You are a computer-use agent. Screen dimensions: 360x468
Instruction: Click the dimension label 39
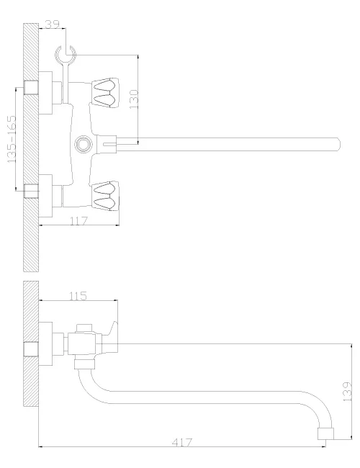pyautogui.click(x=52, y=24)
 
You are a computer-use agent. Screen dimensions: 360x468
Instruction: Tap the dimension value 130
pyautogui.click(x=134, y=99)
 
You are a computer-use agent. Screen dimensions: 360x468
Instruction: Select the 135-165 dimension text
pyautogui.click(x=12, y=139)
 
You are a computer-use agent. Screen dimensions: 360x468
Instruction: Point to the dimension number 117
pyautogui.click(x=78, y=221)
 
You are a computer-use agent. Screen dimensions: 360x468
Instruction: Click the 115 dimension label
pyautogui.click(x=78, y=296)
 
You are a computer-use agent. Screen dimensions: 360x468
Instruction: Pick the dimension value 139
pyautogui.click(x=347, y=391)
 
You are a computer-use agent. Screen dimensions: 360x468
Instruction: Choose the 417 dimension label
pyautogui.click(x=182, y=442)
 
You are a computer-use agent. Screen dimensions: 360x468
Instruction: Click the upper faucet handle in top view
pyautogui.click(x=105, y=93)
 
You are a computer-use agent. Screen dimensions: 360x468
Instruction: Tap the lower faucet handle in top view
pyautogui.click(x=105, y=196)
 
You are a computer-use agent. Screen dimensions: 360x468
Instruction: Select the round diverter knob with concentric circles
pyautogui.click(x=84, y=144)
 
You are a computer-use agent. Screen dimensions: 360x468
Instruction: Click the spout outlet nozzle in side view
pyautogui.click(x=325, y=433)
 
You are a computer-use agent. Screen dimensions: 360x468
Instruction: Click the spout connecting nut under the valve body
pyautogui.click(x=84, y=364)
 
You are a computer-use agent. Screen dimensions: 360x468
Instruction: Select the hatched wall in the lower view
pyautogui.click(x=31, y=343)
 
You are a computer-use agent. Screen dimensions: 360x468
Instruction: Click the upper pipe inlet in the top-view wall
pyautogui.click(x=31, y=87)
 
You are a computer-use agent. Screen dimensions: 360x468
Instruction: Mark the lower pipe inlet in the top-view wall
pyautogui.click(x=31, y=191)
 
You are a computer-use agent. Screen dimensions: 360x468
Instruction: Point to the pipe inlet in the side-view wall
pyautogui.click(x=31, y=349)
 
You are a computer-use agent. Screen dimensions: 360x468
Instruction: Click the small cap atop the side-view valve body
pyautogui.click(x=84, y=328)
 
